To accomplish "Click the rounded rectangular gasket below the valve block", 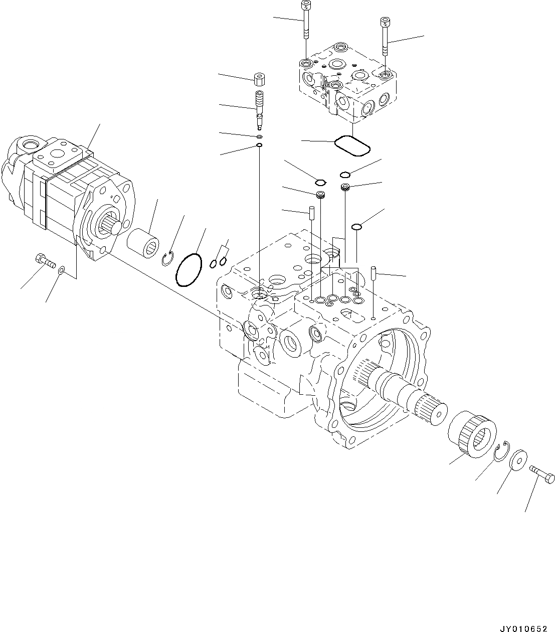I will click(352, 146).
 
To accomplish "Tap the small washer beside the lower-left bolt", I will click(61, 271).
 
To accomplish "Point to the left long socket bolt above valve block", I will click(305, 20).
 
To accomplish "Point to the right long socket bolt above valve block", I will click(385, 36).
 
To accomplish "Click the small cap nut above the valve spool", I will click(259, 80).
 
